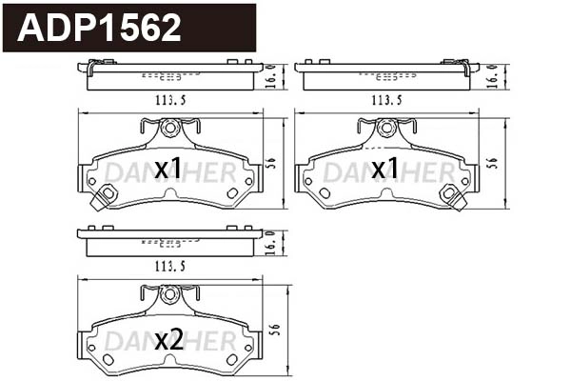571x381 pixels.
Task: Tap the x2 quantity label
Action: click(168, 339)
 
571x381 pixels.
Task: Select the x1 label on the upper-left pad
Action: click(168, 170)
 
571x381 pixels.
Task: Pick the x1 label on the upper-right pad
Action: click(385, 170)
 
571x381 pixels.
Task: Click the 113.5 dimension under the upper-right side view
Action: click(388, 99)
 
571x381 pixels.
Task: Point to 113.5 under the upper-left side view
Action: click(170, 99)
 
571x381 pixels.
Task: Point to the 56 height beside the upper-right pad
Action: click(493, 163)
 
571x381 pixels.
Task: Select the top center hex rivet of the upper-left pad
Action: click(169, 126)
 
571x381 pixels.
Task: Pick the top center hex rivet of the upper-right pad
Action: click(387, 126)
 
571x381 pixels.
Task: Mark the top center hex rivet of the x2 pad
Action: click(169, 294)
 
